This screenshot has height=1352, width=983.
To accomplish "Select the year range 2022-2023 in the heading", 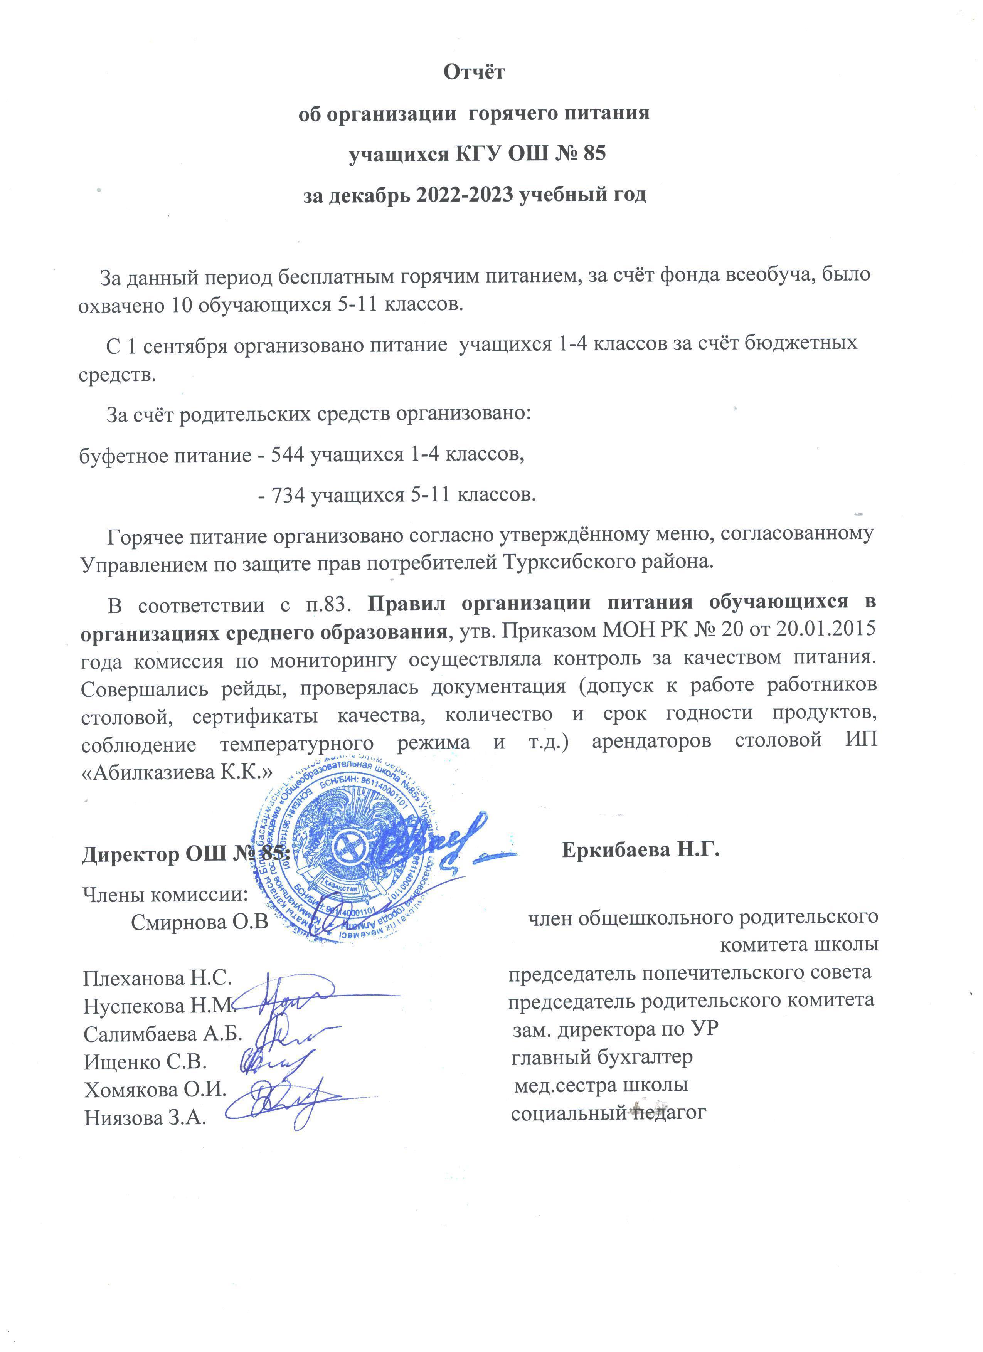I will [448, 195].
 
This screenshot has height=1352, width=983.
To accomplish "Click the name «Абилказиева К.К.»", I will [177, 773].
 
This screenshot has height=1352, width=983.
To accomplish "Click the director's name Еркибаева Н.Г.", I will [641, 850].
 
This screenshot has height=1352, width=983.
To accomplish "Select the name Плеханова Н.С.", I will [157, 978].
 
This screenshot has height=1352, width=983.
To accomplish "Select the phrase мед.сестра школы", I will [601, 1085].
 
